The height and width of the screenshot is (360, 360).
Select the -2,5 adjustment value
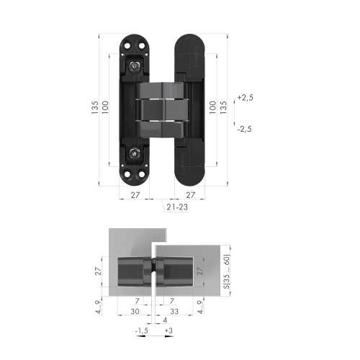click(x=246, y=128)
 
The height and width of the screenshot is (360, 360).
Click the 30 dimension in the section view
click(x=135, y=311)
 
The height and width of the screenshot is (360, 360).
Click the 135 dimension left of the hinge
click(x=95, y=107)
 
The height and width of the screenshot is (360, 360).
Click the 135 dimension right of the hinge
click(x=223, y=107)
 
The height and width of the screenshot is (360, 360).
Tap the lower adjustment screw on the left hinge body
click(x=135, y=153)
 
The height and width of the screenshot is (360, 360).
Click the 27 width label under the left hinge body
click(x=135, y=195)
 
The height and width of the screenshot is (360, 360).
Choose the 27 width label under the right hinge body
click(x=190, y=195)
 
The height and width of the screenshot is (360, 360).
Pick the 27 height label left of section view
click(x=99, y=271)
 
